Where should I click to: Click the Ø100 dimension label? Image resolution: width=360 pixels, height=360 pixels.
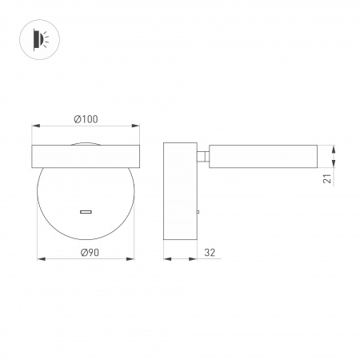[86, 118]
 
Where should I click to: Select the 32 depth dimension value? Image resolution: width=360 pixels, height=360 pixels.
[210, 252]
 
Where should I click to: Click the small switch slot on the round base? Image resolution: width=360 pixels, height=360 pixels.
[86, 212]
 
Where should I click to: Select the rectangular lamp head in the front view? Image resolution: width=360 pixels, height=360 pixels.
[86, 156]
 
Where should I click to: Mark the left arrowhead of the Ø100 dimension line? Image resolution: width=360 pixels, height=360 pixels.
[34, 126]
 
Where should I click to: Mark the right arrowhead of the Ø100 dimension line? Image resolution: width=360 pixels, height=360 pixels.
[138, 126]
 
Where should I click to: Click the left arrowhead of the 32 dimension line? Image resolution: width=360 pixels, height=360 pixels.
[166, 258]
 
